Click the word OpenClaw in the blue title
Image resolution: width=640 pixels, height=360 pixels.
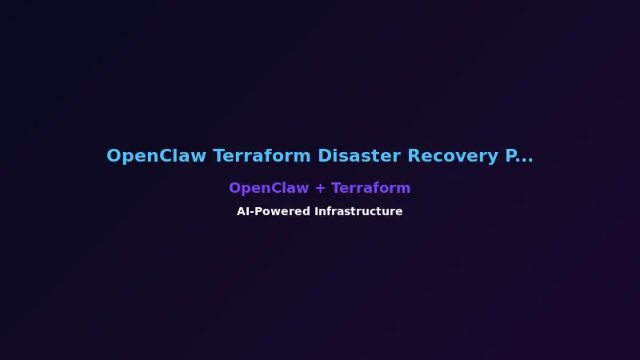pyautogui.click(x=157, y=156)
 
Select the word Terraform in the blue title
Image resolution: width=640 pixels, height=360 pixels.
pyautogui.click(x=262, y=156)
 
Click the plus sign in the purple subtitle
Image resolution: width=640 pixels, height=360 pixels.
pyautogui.click(x=320, y=189)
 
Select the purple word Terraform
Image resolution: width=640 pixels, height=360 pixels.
pyautogui.click(x=371, y=188)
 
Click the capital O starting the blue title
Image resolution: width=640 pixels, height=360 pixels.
pyautogui.click(x=114, y=156)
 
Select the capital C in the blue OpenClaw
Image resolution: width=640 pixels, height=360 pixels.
pyautogui.click(x=170, y=156)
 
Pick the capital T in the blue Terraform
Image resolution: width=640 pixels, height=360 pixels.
pyautogui.click(x=218, y=156)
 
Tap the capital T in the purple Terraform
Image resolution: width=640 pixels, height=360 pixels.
pyautogui.click(x=336, y=188)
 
